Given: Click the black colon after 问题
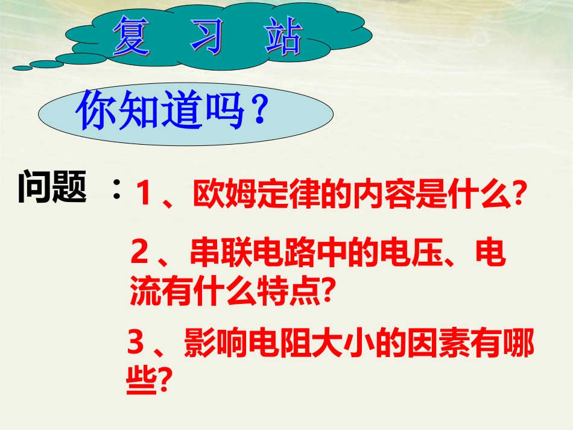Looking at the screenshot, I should (116, 192).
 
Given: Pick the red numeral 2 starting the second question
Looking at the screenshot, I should (139, 255).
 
